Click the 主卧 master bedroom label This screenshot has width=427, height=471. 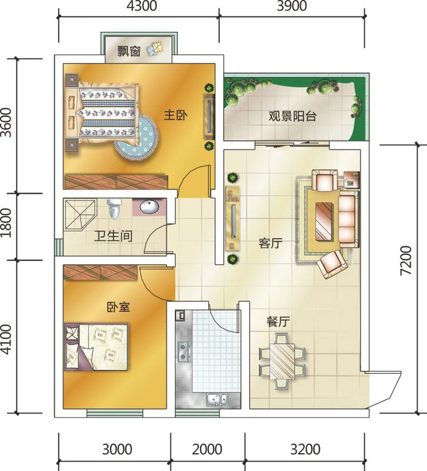pos(176,115)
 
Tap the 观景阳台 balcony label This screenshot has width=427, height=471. pos(292,116)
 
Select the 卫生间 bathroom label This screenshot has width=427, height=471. pos(113,236)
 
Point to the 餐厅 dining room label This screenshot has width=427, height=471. pos(278,321)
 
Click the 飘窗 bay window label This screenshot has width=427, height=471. pos(129,51)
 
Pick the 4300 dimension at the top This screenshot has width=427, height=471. pos(141,6)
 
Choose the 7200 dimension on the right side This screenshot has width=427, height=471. pos(405,260)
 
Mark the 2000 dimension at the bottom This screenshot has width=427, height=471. pos(207,449)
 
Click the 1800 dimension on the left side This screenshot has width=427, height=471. pos(6,223)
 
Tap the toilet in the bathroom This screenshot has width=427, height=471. pos(114,208)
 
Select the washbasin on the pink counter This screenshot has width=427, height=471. pos(150,207)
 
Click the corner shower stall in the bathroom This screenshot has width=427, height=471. pos(80,214)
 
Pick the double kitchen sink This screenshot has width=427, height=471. pos(217,400)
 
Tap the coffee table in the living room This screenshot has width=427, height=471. pos(325,221)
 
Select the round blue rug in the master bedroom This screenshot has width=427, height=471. pos(137,138)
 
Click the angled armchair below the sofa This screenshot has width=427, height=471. pos(332,264)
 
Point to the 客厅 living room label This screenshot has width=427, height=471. pos(270,243)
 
